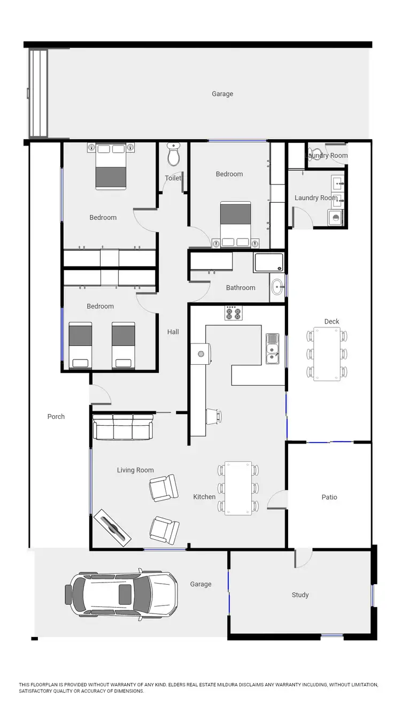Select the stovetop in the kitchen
tap(233, 313)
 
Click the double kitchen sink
tap(272, 348)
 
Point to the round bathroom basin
tap(277, 287)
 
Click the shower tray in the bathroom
tap(269, 263)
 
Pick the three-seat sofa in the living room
tap(123, 427)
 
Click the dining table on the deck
tap(327, 354)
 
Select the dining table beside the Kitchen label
tap(238, 488)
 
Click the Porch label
tap(56, 417)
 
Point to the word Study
tap(300, 595)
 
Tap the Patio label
tap(329, 497)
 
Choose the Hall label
tap(173, 332)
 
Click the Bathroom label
tap(241, 288)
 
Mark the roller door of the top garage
tap(38, 94)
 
